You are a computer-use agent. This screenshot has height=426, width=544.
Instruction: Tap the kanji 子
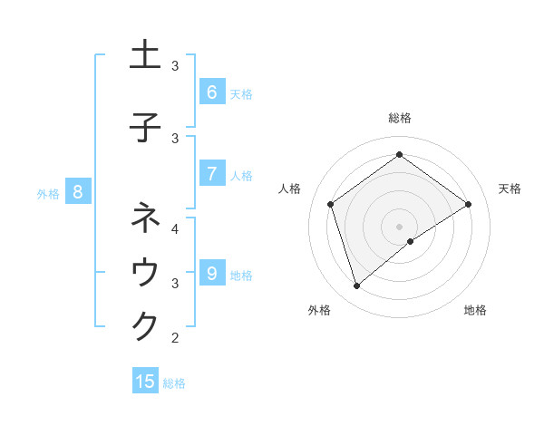145,127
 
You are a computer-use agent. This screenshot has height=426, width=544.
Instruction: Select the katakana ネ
145,218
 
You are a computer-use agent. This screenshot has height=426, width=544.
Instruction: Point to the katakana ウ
145,273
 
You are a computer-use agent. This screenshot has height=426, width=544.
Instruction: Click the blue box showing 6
211,92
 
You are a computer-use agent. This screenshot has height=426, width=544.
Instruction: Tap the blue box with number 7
211,174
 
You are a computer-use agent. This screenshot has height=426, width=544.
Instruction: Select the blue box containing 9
211,273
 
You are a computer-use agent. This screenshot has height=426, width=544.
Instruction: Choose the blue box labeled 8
78,191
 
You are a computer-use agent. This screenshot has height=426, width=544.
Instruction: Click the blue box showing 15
145,382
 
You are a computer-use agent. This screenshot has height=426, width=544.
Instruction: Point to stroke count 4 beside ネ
176,228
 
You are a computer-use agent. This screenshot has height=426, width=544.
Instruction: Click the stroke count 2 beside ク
176,338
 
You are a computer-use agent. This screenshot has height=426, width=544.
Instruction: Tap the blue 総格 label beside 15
174,383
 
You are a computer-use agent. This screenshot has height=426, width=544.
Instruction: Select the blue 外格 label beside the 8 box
48,193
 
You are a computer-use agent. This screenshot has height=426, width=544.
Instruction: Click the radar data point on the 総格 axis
399,155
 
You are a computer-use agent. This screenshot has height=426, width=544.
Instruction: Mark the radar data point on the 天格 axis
468,204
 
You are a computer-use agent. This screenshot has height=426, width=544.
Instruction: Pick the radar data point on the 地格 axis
411,241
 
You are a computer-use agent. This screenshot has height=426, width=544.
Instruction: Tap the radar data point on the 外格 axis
356,286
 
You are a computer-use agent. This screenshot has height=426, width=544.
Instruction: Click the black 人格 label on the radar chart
290,189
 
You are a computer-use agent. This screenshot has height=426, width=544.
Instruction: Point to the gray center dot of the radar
399,226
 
